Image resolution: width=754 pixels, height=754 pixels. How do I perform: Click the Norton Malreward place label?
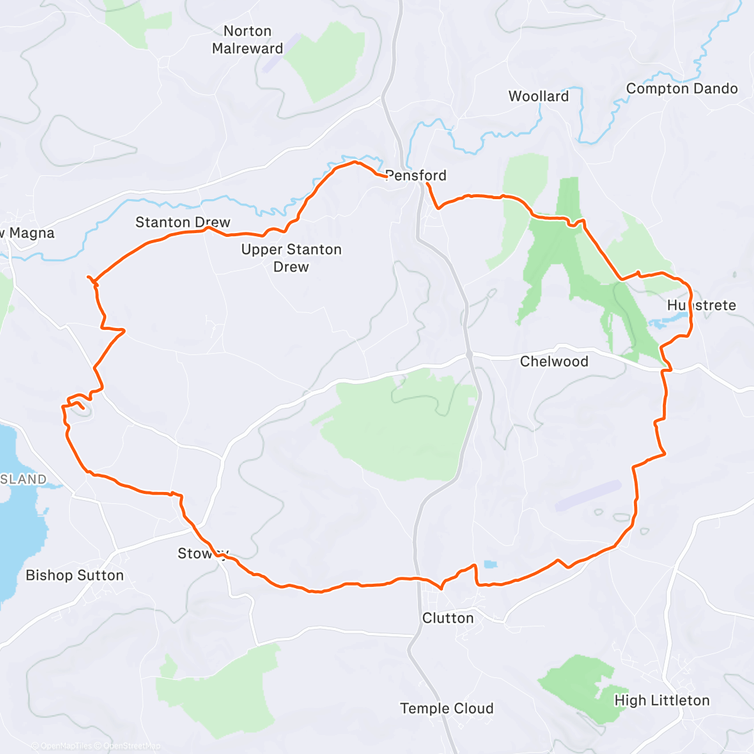pos(248,40)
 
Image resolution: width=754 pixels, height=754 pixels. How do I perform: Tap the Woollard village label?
pos(538,96)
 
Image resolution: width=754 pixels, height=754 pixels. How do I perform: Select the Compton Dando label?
pos(682,89)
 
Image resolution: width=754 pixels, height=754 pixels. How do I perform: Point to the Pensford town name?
pos(416,175)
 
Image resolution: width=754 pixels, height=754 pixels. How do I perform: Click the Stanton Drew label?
pos(183,222)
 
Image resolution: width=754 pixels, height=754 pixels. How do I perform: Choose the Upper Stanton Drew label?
pos(292,258)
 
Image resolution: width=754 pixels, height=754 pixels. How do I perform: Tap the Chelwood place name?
pos(554,361)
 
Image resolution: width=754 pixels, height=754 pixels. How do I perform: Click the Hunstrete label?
pos(701,305)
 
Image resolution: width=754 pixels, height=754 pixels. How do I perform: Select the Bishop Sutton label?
pos(75,575)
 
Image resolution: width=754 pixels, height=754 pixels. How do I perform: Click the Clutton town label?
pos(448,618)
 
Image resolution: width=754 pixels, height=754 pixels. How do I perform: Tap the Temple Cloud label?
pos(447,708)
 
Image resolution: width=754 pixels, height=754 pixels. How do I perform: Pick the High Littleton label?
pos(662,700)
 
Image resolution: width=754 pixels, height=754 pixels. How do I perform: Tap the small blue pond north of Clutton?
pos(489,564)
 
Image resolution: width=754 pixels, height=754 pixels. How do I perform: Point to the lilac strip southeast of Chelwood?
pos(588,495)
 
